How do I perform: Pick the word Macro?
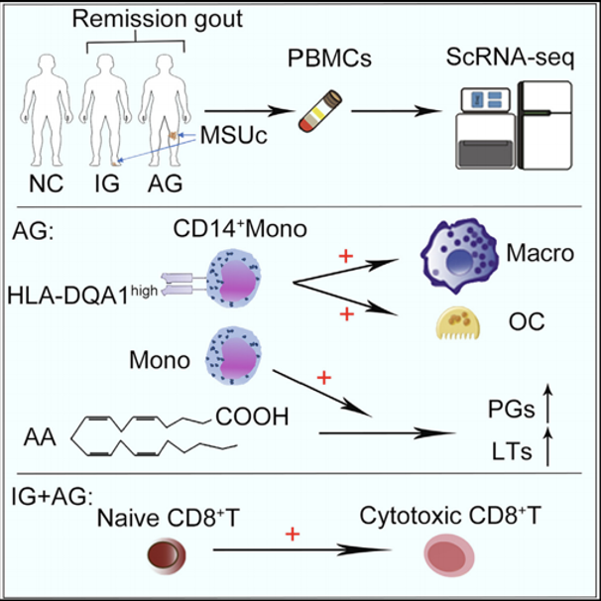point(543,254)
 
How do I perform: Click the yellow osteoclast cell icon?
point(461,323)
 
